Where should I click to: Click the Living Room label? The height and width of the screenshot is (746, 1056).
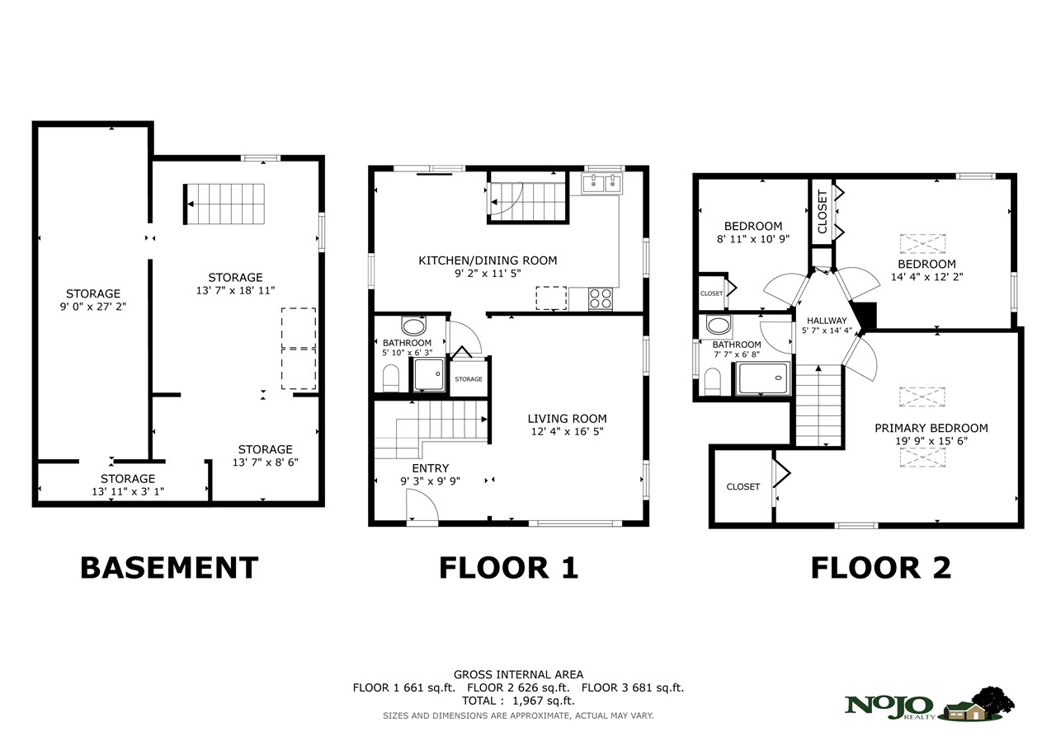pyautogui.click(x=567, y=418)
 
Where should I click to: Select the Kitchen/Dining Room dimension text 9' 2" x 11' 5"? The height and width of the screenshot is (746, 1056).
pyautogui.click(x=488, y=273)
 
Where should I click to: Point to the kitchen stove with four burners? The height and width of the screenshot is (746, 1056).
pyautogui.click(x=600, y=298)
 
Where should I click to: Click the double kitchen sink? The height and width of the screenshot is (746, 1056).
pyautogui.click(x=602, y=183)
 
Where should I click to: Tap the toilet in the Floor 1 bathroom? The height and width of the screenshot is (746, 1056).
pyautogui.click(x=391, y=378)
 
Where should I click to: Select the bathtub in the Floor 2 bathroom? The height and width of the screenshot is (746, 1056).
pyautogui.click(x=763, y=378)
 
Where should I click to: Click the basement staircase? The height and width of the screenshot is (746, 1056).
pyautogui.click(x=224, y=204)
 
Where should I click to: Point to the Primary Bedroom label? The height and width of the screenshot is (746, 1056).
pyautogui.click(x=931, y=428)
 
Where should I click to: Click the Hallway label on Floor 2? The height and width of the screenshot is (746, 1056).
pyautogui.click(x=827, y=321)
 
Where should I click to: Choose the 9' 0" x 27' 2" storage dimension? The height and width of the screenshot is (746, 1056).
pyautogui.click(x=93, y=307)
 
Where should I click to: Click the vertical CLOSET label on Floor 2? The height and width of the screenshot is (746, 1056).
pyautogui.click(x=823, y=212)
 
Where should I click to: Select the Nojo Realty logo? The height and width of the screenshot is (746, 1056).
pyautogui.click(x=929, y=705)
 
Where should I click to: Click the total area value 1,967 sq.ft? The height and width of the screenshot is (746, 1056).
pyautogui.click(x=544, y=701)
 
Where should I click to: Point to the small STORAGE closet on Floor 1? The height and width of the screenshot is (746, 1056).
pyautogui.click(x=469, y=378)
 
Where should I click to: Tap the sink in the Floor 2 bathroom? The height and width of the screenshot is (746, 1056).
pyautogui.click(x=719, y=326)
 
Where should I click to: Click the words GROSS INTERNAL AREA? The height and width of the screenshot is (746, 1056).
pyautogui.click(x=518, y=674)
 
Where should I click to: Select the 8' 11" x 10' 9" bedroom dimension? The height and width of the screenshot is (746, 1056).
pyautogui.click(x=753, y=239)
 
